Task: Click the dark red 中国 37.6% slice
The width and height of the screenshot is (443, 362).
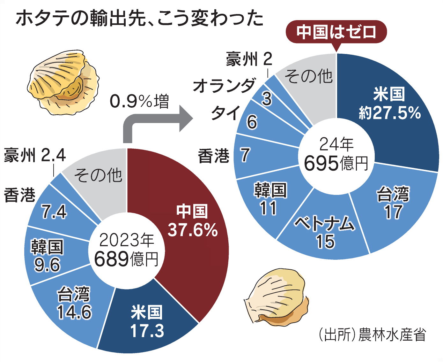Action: [x=191, y=220]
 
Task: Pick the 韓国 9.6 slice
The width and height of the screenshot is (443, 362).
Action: [x=47, y=256]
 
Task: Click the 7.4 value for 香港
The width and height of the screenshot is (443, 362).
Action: [x=54, y=212]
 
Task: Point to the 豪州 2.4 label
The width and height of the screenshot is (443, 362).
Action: [x=35, y=155]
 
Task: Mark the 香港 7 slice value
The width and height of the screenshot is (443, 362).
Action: [x=245, y=155]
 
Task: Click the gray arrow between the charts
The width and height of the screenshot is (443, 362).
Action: [x=153, y=123]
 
